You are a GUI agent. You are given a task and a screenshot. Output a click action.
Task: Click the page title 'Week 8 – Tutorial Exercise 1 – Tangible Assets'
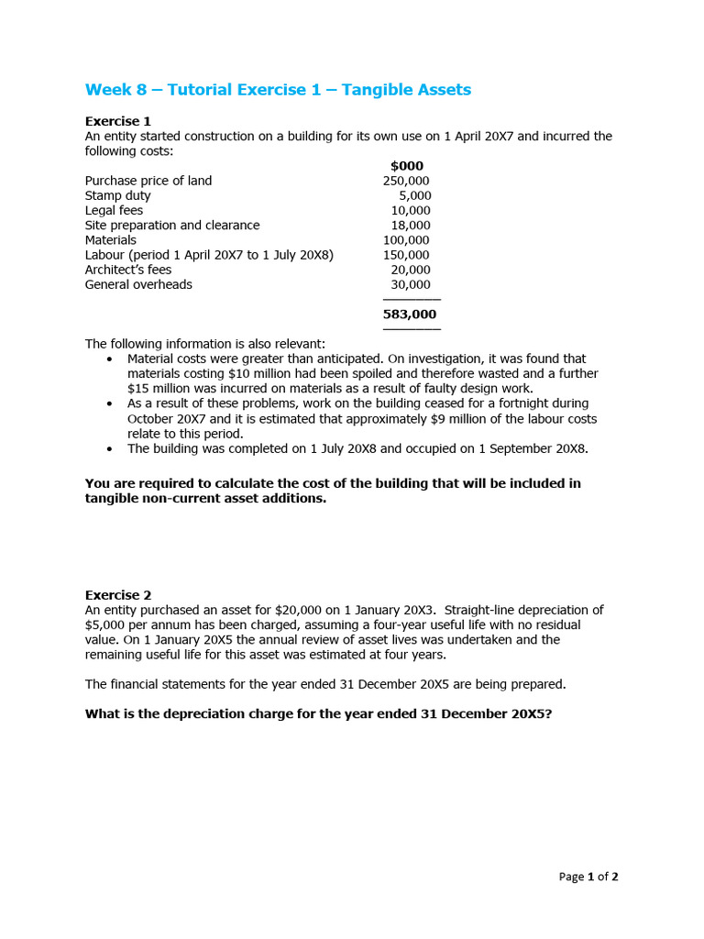[278, 90]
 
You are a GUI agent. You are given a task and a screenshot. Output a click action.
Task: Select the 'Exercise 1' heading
[118, 121]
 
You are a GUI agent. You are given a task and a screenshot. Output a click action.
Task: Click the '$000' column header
[407, 166]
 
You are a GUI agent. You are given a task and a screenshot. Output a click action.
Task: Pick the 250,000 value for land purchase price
[406, 181]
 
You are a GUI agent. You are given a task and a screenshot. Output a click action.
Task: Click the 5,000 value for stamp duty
[414, 195]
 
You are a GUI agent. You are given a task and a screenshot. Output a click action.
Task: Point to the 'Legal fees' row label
[114, 210]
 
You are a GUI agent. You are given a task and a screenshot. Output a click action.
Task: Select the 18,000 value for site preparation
[410, 225]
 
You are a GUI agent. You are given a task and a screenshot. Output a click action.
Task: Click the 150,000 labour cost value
[406, 255]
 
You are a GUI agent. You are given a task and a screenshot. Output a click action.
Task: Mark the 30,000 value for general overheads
[410, 284]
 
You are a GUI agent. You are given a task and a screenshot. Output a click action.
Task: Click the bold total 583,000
[410, 314]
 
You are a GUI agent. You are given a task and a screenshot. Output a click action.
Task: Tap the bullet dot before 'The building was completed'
[110, 449]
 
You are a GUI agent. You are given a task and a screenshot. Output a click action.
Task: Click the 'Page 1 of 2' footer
[588, 877]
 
